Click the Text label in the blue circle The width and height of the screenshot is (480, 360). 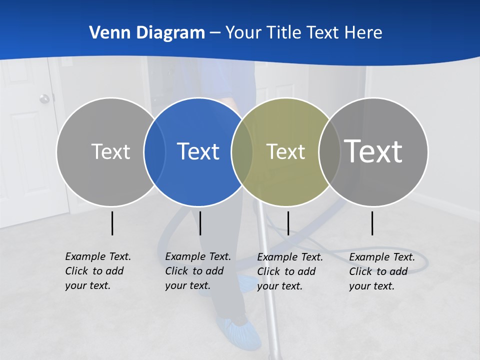198,151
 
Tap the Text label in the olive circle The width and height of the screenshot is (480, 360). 285,151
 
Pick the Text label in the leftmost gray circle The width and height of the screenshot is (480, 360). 110,151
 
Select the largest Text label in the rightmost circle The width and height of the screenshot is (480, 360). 373,151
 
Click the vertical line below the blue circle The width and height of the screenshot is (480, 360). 200,223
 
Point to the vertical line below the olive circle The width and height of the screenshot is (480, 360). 288,223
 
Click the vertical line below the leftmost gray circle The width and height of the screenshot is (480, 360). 112,223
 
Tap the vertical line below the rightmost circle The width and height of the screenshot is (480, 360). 372,223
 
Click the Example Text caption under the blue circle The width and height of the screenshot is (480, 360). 198,271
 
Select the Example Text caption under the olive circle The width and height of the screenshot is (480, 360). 290,271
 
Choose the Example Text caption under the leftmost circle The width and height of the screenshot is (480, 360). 98,271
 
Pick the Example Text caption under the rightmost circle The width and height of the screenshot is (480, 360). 382,271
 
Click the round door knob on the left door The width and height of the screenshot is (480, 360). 44,98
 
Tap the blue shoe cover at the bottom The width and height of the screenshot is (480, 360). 239,331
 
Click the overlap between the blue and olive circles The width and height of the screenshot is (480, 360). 242,151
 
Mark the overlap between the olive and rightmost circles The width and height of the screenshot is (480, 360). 329,151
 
